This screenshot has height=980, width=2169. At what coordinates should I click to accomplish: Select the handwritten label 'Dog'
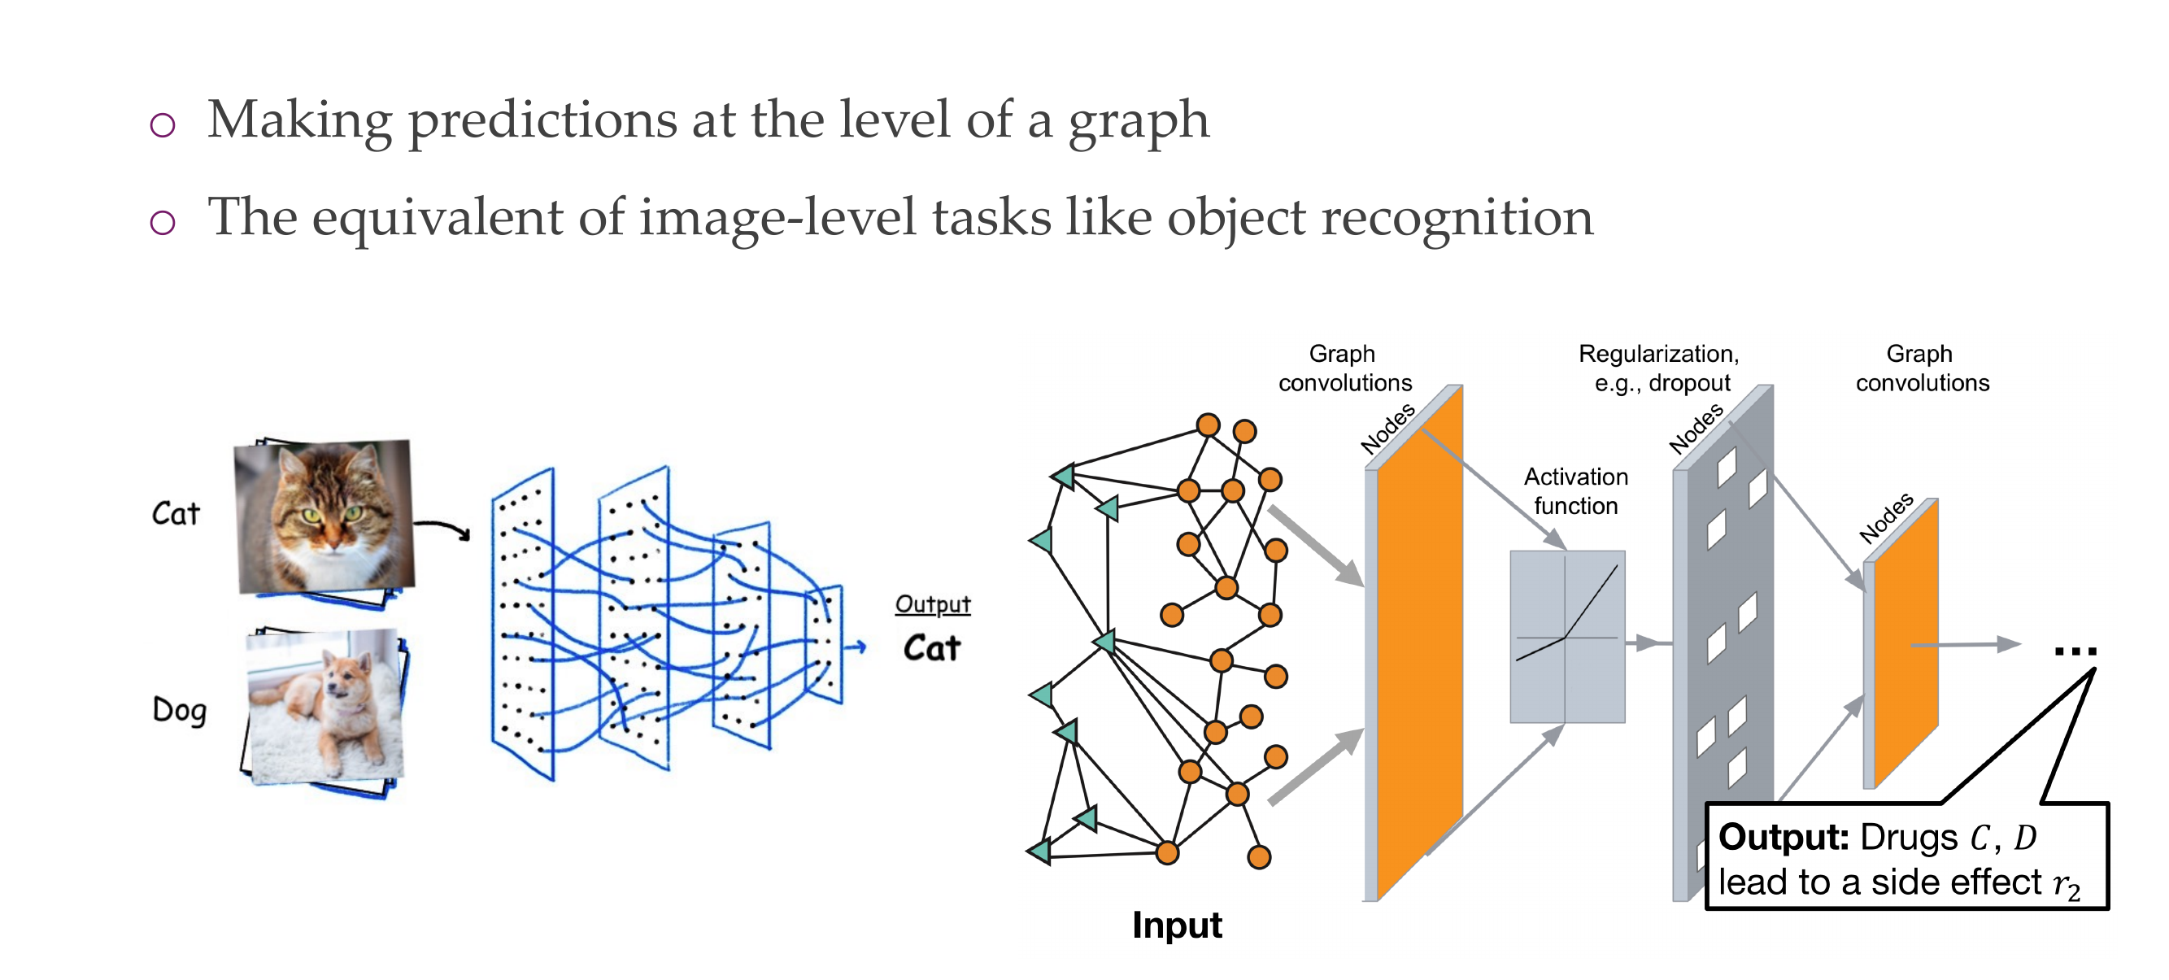[x=178, y=710]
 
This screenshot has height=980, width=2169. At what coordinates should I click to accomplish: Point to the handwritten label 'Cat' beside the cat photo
[x=176, y=512]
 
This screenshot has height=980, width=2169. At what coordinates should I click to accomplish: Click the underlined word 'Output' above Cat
[x=932, y=603]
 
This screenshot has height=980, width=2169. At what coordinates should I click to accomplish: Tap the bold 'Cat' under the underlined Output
[x=932, y=648]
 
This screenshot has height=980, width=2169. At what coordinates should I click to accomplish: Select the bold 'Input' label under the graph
[x=1176, y=925]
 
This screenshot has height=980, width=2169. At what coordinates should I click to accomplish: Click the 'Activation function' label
[x=1575, y=491]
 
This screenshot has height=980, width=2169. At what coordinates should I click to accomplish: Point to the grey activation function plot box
[x=1567, y=637]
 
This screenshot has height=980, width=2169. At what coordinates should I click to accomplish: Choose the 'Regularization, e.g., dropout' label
[x=1659, y=368]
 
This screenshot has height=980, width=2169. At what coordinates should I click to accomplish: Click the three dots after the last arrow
[x=2075, y=651]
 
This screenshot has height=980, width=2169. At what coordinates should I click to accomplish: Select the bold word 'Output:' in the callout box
[x=1783, y=838]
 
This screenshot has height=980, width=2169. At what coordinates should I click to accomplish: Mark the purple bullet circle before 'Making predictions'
[x=163, y=125]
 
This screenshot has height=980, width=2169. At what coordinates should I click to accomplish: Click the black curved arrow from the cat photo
[x=443, y=528]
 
